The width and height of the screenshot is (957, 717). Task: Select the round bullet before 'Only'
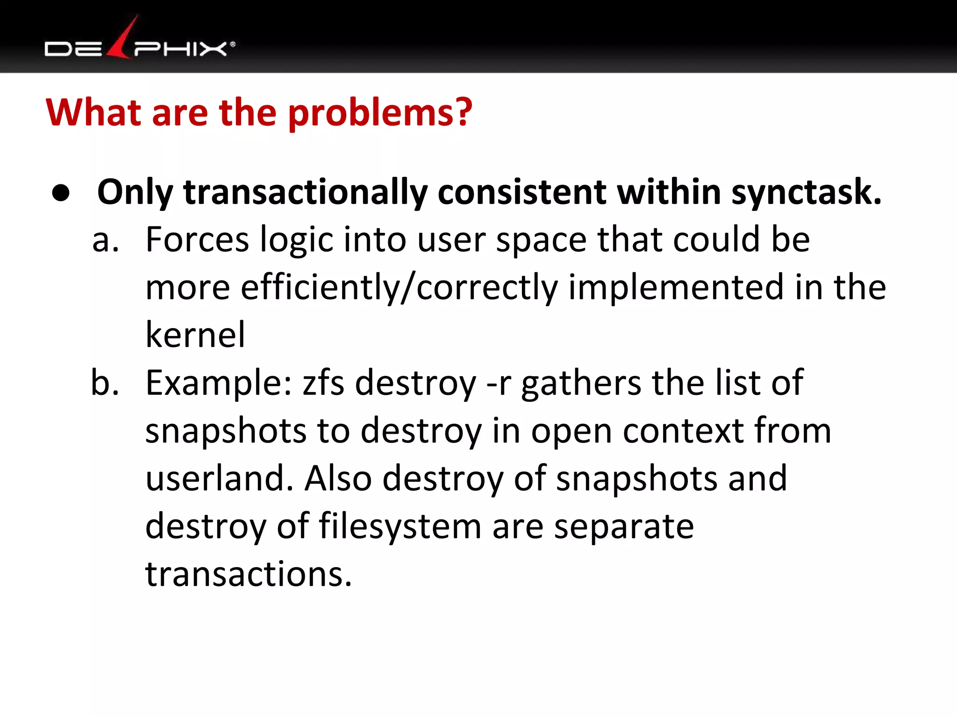[61, 192]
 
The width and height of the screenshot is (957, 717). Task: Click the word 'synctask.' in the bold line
[807, 192]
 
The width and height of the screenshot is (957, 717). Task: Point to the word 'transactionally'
[305, 192]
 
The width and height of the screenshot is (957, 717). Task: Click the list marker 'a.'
[106, 240]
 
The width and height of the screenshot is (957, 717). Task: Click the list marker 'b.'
[105, 383]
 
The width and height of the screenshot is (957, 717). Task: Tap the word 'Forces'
[197, 240]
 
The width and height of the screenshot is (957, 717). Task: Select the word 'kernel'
[195, 335]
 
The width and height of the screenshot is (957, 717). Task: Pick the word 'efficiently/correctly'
[399, 288]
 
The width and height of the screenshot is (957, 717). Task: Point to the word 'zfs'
[323, 383]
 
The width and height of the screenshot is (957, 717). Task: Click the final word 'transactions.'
[249, 574]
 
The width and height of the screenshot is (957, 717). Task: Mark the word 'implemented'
[676, 288]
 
